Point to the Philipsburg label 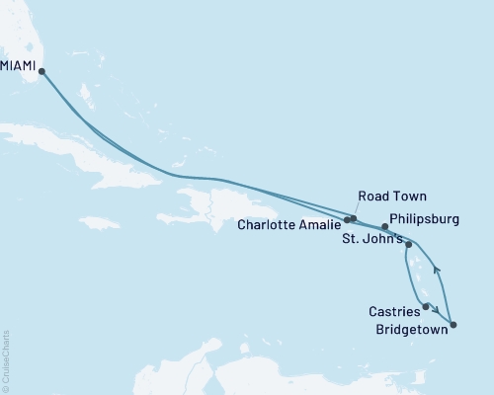[x=426, y=221]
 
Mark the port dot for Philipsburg [x=384, y=226]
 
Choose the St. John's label [x=371, y=240]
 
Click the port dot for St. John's [x=408, y=242]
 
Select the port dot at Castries [x=426, y=307]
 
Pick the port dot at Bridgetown [x=453, y=324]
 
